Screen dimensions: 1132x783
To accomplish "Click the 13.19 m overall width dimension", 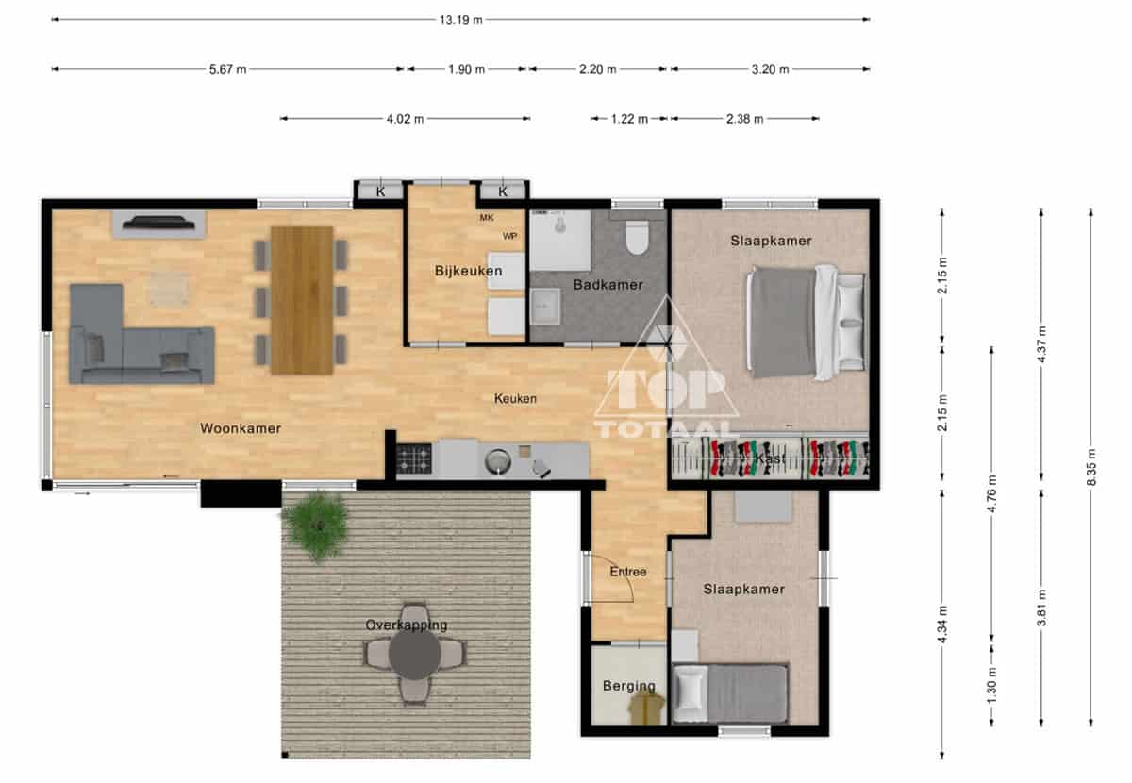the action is pyautogui.click(x=460, y=20).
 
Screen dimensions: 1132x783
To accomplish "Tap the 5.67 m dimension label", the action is pyautogui.click(x=228, y=69).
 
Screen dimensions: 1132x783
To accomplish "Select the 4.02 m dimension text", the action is pyautogui.click(x=405, y=119).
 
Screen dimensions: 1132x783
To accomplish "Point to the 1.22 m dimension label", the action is pyautogui.click(x=629, y=119).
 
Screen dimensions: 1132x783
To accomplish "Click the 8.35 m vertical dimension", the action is pyautogui.click(x=1091, y=467).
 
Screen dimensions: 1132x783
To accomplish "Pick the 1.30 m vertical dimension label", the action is pyautogui.click(x=992, y=685).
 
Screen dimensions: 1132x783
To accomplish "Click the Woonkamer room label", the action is pyautogui.click(x=241, y=428).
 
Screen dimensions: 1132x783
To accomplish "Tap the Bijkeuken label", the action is pyautogui.click(x=469, y=271).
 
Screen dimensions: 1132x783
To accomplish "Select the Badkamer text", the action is pyautogui.click(x=608, y=285).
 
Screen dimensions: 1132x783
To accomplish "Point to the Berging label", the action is pyautogui.click(x=629, y=686).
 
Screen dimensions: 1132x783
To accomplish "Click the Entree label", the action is pyautogui.click(x=628, y=572).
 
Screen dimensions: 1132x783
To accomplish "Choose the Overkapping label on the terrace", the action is pyautogui.click(x=407, y=625).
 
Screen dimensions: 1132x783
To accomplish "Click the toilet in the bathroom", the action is pyautogui.click(x=637, y=237).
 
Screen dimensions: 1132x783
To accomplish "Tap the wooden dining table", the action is pyautogui.click(x=302, y=301).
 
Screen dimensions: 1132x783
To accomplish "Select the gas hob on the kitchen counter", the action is pyautogui.click(x=414, y=458).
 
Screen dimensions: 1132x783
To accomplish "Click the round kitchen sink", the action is pyautogui.click(x=498, y=461).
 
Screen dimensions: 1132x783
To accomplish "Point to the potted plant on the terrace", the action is pyautogui.click(x=317, y=525).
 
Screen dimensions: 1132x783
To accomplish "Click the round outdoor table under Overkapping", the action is pyautogui.click(x=414, y=654).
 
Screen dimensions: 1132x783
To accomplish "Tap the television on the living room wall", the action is pyautogui.click(x=158, y=223).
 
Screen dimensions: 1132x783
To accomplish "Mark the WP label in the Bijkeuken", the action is pyautogui.click(x=509, y=236).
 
